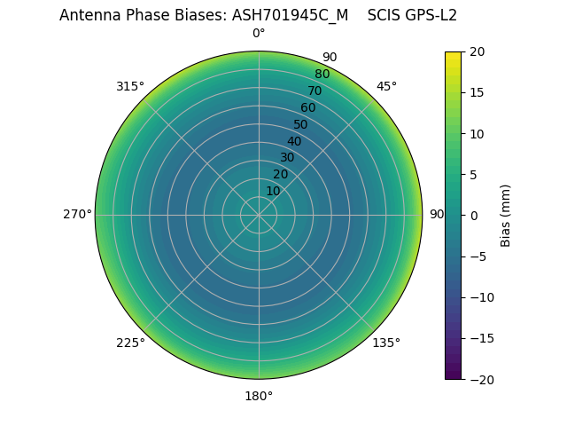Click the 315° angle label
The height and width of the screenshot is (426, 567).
tap(130, 86)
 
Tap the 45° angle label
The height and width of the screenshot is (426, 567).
tap(386, 86)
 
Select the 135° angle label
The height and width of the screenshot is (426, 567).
tap(386, 343)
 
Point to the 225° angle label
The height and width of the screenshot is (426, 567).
tap(130, 343)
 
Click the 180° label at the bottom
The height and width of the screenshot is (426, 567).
tap(259, 396)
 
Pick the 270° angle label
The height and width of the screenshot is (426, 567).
tap(77, 214)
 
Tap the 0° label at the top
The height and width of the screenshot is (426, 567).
tap(259, 33)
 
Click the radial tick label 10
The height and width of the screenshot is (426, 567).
tap(273, 191)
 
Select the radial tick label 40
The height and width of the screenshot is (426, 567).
tap(294, 141)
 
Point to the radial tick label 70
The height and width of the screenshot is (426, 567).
tap(315, 91)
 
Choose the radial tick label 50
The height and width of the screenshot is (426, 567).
tap(301, 124)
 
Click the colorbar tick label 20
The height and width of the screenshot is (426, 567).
tap(477, 51)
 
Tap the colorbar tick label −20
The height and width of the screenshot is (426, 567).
tap(480, 379)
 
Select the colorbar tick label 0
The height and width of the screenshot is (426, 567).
tap(473, 215)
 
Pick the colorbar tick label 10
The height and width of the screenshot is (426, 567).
tap(477, 133)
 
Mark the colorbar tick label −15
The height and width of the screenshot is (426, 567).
tap(480, 338)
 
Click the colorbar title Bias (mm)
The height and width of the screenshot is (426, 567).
tap(506, 215)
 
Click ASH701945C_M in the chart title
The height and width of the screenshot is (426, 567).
tap(284, 15)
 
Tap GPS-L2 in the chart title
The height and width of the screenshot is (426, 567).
tap(429, 15)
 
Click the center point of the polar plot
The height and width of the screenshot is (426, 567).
tap(259, 215)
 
